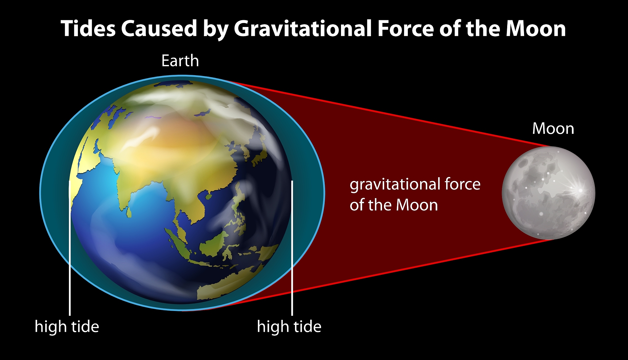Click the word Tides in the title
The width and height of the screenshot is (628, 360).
pos(88,29)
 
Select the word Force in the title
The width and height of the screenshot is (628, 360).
pos(405,29)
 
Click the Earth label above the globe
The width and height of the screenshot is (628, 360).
pos(180,61)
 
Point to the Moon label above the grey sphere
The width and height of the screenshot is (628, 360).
pos(553,128)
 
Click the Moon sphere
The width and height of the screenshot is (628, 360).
pos(549,193)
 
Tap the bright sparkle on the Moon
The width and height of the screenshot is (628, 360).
pos(580,190)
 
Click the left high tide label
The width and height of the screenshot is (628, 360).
pos(67,326)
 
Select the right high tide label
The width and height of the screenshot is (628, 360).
pos(289,326)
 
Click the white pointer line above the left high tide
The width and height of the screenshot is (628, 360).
pos(70,248)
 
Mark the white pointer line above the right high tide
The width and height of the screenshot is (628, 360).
pos(292,248)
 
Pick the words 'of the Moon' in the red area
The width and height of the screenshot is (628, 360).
pos(394,205)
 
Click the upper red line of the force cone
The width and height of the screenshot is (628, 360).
pos(389,113)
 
